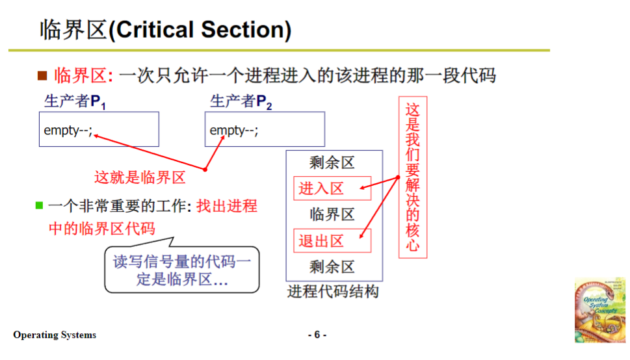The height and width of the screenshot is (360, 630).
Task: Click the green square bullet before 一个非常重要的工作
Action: (39, 206)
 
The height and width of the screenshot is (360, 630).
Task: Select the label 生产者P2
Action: (241, 102)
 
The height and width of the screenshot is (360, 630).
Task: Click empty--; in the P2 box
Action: (234, 130)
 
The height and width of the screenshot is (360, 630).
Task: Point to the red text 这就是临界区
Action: (140, 177)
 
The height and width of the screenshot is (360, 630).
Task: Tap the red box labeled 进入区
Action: (332, 188)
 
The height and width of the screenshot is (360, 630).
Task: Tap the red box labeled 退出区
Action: (332, 241)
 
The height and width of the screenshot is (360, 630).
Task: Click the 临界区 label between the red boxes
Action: (332, 214)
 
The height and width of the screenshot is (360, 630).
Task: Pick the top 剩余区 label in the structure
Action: (332, 163)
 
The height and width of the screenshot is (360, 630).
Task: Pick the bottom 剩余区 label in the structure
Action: (332, 266)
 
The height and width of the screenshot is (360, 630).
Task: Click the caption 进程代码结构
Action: (333, 291)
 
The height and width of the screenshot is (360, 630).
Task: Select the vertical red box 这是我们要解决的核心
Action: (413, 177)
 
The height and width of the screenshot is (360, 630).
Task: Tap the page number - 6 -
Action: (317, 335)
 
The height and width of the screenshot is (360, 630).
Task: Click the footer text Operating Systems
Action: (55, 335)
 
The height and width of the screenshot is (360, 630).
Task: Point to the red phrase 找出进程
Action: (227, 207)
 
